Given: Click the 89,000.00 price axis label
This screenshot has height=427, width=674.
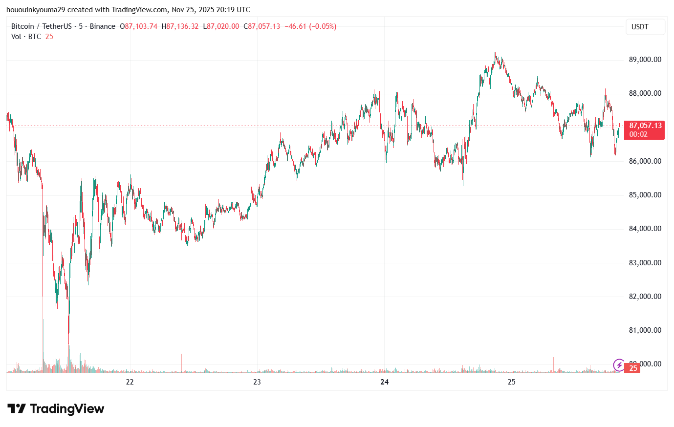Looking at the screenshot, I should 645,60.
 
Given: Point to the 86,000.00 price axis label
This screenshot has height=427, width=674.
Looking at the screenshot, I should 645,161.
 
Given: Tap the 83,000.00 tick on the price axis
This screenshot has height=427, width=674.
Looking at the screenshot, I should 645,263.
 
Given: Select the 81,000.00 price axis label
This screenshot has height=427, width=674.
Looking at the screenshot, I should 645,330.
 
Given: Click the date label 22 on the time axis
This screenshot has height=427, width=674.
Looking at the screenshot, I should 130,382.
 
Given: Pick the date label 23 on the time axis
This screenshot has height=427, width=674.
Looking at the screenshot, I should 257,382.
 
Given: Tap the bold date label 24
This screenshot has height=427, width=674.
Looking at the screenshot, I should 385,382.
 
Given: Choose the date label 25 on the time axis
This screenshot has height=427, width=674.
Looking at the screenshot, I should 511,382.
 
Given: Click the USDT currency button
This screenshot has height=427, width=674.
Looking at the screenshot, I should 645,27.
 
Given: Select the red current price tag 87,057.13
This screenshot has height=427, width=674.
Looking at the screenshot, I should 645,126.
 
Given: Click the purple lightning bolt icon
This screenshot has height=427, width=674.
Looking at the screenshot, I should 619,364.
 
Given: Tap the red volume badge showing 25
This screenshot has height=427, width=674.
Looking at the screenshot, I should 633,368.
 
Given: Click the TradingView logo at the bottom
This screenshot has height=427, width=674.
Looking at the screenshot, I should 56,408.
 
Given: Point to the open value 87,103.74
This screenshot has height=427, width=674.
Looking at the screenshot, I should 141,26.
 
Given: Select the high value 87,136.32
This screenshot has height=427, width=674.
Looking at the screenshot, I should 182,26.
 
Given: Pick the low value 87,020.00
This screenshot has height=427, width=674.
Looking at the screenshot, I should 223,26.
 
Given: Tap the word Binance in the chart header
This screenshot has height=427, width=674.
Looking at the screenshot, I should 103,26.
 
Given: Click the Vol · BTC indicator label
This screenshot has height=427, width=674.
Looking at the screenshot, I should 26,37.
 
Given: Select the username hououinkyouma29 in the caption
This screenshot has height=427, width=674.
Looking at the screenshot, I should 35,10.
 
